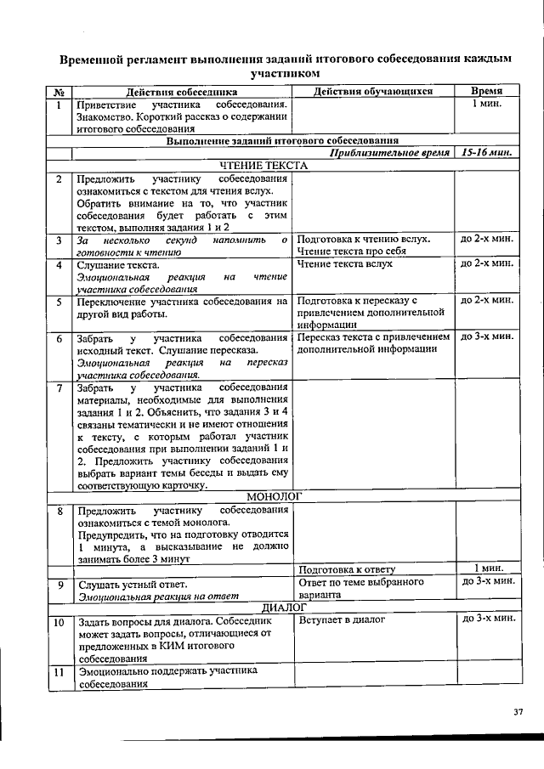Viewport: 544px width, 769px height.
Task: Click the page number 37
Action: point(518,711)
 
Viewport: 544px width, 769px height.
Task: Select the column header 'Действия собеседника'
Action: point(182,92)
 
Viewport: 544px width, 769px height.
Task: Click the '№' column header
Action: point(58,92)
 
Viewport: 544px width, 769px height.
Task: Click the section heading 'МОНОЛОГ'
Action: point(275,495)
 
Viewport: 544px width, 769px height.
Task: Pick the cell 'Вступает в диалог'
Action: point(342,620)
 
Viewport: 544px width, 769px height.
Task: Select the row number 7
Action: point(59,389)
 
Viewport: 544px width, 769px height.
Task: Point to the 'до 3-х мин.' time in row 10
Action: point(487,619)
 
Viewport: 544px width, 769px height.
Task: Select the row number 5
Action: point(59,301)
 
